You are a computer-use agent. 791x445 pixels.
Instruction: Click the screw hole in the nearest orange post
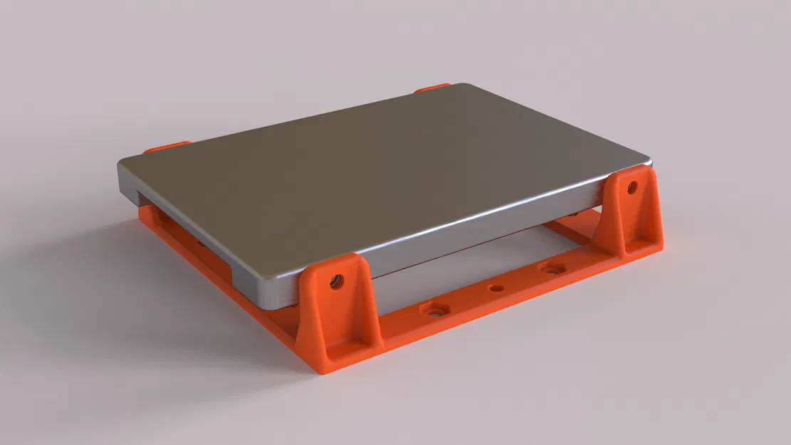[334, 281]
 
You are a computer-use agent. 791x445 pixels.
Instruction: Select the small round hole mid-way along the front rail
[496, 288]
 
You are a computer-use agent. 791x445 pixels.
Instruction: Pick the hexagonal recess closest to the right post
[551, 268]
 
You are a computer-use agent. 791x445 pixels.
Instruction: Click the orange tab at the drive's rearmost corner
[431, 88]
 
